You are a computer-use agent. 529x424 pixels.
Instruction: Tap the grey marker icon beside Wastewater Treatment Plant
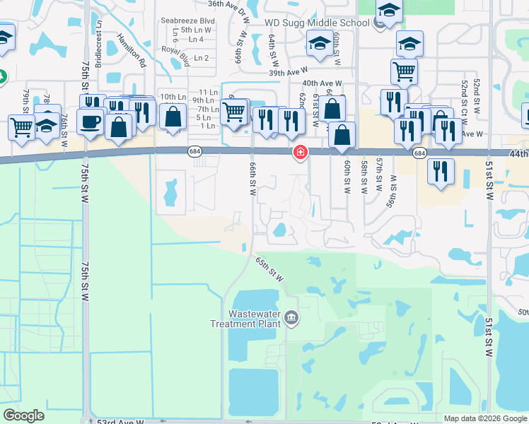point(291,319)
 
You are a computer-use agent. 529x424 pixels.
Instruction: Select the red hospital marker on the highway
point(301,152)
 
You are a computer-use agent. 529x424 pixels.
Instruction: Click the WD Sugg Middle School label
point(317,23)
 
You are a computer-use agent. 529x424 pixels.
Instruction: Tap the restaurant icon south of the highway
point(441,170)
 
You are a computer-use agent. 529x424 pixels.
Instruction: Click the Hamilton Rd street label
point(131,51)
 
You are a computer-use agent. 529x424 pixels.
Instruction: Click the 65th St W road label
point(269,269)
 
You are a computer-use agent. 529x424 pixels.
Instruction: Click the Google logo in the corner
point(23,416)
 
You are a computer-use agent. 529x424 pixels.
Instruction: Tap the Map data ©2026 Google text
point(485,418)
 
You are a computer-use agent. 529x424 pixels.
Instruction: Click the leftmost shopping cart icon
point(22,127)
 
